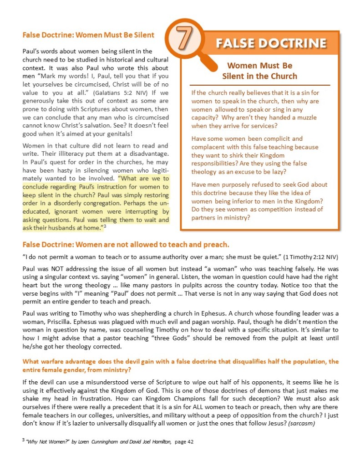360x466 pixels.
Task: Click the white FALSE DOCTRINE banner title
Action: (x=271, y=43)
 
